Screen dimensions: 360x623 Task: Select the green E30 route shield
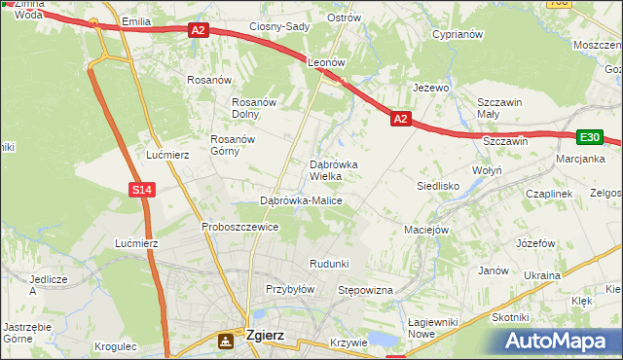click(589, 138)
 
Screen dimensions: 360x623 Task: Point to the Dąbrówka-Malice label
click(301, 200)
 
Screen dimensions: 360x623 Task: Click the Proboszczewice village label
click(240, 227)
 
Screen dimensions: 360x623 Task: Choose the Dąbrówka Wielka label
click(333, 171)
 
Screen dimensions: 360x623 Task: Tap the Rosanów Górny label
click(233, 145)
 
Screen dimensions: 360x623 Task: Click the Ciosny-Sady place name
click(279, 27)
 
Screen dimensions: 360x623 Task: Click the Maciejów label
click(426, 231)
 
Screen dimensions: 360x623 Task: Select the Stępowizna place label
click(364, 290)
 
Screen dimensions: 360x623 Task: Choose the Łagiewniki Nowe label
click(434, 327)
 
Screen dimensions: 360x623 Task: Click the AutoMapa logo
click(560, 341)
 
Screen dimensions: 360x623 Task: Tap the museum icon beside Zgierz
click(227, 340)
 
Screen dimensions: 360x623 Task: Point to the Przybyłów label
click(290, 289)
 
